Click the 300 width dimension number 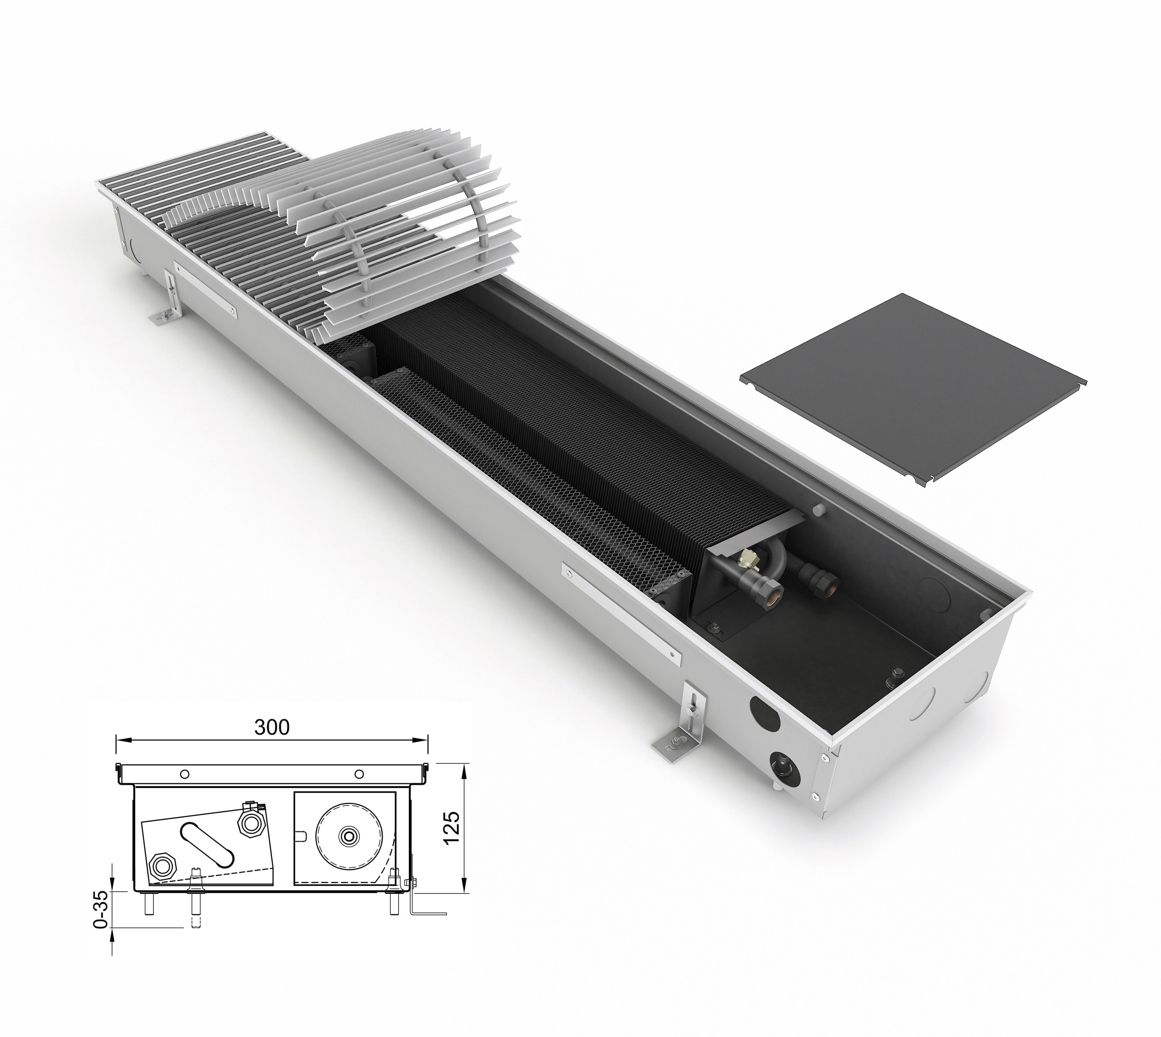pyautogui.click(x=272, y=727)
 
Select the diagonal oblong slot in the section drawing pyautogui.click(x=208, y=845)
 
